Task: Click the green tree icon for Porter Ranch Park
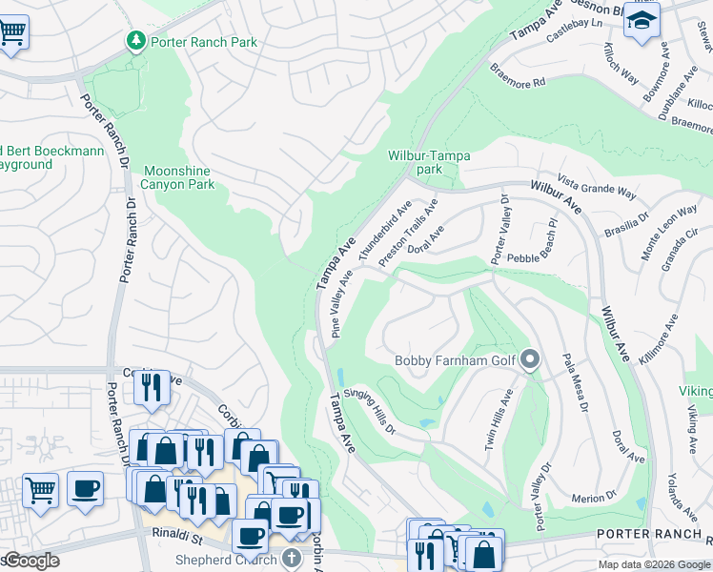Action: [135, 40]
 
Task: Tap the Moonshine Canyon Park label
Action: [178, 177]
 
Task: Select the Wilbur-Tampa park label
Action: [429, 162]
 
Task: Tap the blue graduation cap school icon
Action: [642, 19]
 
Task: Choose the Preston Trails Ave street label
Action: [408, 233]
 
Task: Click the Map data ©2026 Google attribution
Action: [654, 564]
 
